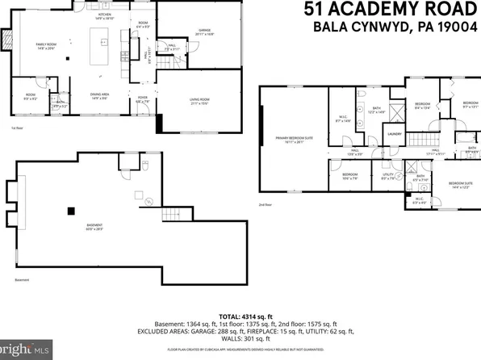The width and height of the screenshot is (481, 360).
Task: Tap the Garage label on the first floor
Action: point(182,32)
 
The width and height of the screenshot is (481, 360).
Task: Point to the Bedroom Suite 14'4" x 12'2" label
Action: point(459,185)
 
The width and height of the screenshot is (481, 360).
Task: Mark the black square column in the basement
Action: point(70,211)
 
